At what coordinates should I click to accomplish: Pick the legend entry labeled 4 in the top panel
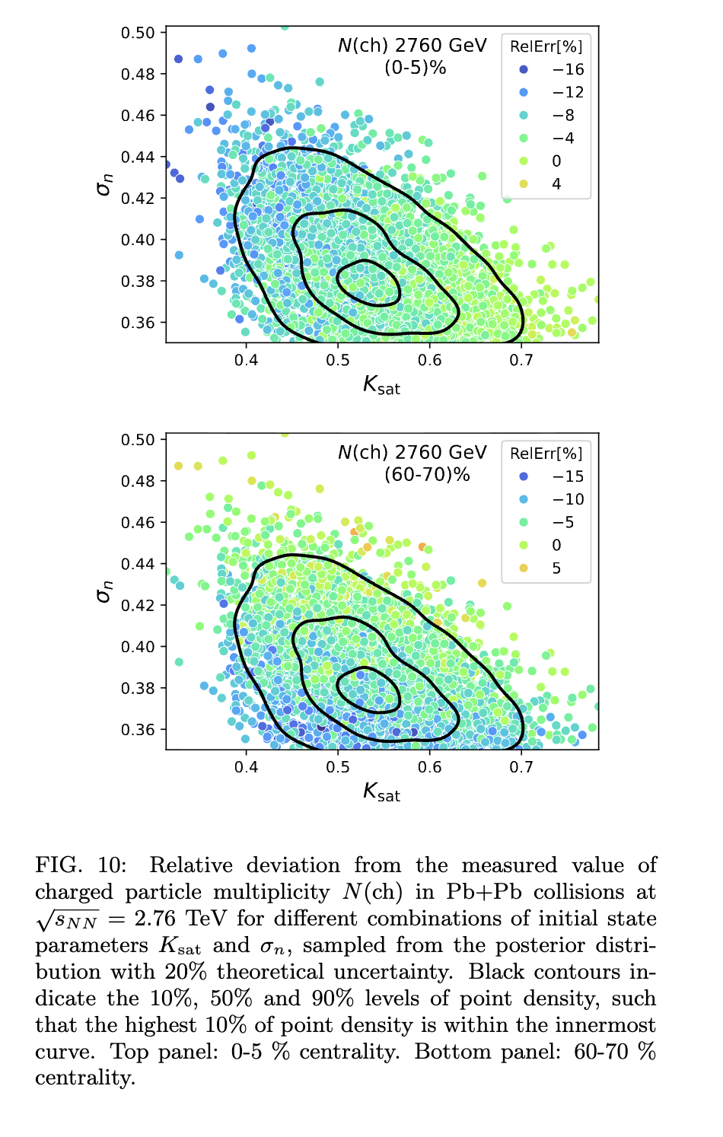click(556, 184)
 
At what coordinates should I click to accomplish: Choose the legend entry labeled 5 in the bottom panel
click(556, 568)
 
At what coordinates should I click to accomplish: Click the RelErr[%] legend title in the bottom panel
click(546, 454)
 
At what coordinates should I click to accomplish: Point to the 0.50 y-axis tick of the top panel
click(138, 33)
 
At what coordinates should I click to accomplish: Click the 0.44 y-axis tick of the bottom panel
click(138, 564)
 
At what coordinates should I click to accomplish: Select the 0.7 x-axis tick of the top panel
click(521, 360)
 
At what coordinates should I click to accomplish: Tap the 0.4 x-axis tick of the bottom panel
click(246, 767)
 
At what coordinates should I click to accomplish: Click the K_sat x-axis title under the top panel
click(381, 386)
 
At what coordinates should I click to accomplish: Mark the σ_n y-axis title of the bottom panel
click(104, 591)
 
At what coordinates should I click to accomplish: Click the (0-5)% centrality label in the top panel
click(415, 68)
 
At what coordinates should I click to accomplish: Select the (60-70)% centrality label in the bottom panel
click(427, 475)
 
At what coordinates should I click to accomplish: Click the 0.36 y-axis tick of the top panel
click(138, 323)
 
